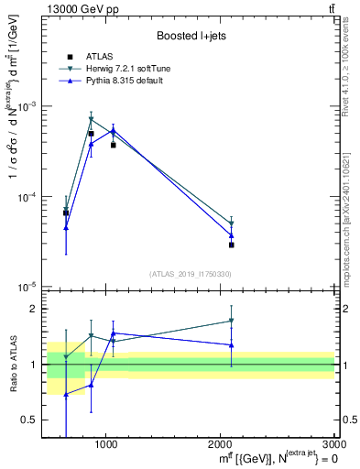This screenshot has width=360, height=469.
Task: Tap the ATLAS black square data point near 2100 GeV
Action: coord(232,245)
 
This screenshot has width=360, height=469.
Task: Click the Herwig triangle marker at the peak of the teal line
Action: coord(91,119)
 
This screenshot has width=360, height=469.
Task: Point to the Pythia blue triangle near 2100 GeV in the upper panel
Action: coord(232,235)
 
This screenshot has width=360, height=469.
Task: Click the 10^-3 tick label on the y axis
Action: coord(27,107)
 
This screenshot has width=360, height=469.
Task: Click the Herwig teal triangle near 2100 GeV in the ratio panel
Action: coord(232,321)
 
